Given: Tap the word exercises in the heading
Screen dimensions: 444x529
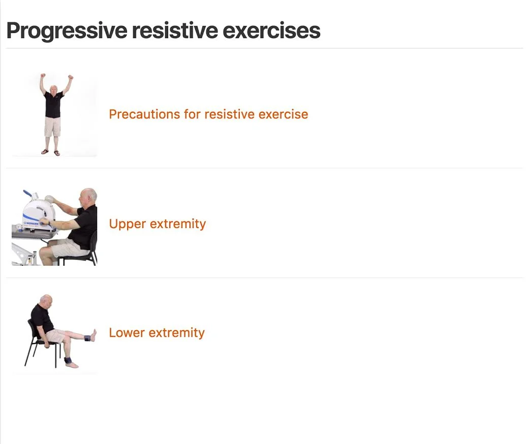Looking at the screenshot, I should [x=271, y=30].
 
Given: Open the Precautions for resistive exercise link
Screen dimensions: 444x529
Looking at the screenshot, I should [x=208, y=114].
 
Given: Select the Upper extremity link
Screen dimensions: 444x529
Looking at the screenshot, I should [x=157, y=224].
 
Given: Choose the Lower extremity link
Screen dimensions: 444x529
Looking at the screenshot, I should [x=157, y=333].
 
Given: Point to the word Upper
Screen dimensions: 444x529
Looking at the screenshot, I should [x=125, y=224].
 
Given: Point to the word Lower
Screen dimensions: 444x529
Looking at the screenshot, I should [x=125, y=333].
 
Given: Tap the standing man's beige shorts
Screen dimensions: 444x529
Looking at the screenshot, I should [x=52, y=126].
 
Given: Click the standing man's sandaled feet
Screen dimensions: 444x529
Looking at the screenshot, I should [x=51, y=152].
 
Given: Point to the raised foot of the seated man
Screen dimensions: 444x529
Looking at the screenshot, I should [x=93, y=335].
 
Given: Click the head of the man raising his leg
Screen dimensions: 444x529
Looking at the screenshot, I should [x=46, y=301].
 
